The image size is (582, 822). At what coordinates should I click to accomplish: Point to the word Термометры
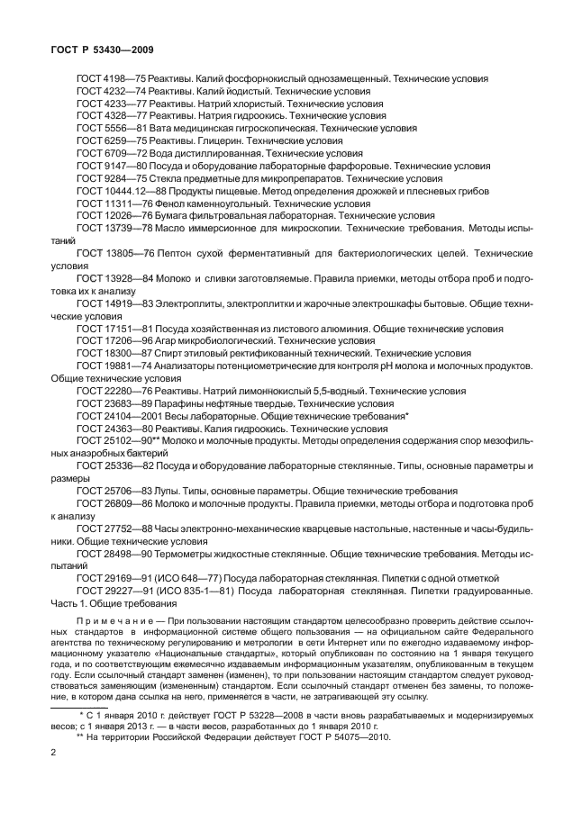[185, 553]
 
